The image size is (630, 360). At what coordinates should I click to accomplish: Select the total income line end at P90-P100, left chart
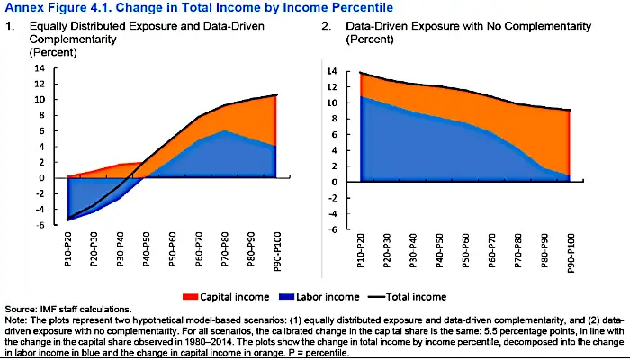click(x=275, y=94)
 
